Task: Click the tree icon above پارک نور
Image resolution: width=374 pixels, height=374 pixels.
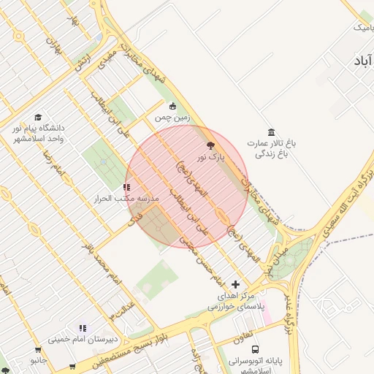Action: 211,146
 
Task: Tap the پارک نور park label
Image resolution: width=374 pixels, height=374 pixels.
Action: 211,157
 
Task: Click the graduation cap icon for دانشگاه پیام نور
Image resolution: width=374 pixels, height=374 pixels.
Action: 37,117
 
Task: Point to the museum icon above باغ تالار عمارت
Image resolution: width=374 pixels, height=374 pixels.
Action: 272,132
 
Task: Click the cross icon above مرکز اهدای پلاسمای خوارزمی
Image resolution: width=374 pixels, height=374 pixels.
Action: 234,284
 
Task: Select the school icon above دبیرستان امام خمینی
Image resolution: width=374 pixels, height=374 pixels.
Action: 83,328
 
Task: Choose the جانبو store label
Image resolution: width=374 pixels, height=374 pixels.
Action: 38,361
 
